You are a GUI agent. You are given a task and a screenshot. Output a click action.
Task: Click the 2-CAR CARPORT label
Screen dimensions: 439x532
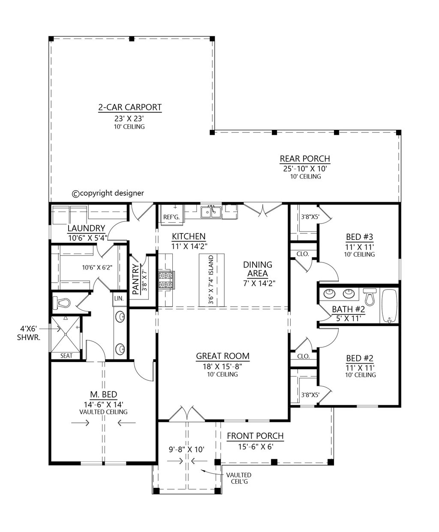click(130, 107)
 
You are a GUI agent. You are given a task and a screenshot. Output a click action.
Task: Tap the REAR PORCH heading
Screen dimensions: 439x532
click(305, 159)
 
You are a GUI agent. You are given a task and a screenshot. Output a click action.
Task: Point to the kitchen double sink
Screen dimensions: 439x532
click(210, 212)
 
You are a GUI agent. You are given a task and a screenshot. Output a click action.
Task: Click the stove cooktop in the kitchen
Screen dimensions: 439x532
click(167, 280)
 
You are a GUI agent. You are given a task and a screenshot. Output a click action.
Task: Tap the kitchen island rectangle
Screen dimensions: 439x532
click(211, 280)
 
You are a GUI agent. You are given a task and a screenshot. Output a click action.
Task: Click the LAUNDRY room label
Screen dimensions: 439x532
click(86, 228)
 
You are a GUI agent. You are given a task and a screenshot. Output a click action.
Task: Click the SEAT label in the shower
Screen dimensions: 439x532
click(66, 356)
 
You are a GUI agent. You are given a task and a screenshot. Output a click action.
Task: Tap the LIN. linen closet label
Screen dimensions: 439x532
click(119, 299)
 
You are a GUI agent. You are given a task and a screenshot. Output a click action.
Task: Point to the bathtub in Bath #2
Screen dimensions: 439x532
click(389, 306)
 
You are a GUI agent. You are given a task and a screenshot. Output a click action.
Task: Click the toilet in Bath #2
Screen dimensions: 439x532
click(370, 297)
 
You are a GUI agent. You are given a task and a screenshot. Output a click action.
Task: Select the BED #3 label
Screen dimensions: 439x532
click(359, 237)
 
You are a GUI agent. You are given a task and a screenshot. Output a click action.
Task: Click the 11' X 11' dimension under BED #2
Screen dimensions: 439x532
click(360, 368)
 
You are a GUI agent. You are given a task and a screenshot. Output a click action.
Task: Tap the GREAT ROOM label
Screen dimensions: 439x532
click(223, 356)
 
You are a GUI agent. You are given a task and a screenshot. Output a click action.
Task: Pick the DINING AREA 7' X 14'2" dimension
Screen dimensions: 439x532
click(259, 283)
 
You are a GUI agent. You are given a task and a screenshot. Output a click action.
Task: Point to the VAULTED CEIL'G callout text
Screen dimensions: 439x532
click(239, 478)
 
